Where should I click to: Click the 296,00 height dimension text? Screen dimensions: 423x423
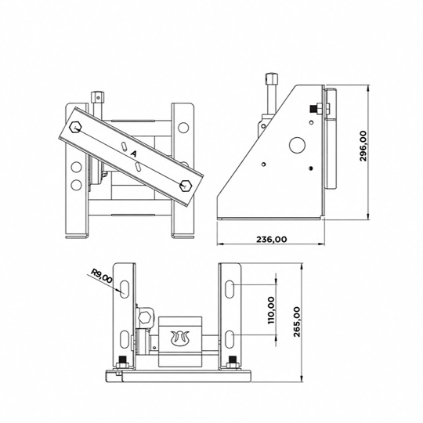click(363, 146)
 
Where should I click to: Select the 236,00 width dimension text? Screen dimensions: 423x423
click(271, 239)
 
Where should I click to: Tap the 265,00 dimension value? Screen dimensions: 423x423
click(297, 322)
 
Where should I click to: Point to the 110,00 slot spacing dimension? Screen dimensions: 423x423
click(271, 310)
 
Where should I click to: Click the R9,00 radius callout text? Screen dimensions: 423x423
click(101, 276)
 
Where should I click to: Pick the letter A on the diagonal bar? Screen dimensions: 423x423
click(133, 154)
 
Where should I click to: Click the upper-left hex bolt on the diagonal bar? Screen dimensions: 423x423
click(75, 127)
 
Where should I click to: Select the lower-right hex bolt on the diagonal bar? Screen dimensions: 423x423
click(186, 186)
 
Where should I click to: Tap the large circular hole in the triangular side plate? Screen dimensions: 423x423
click(297, 145)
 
